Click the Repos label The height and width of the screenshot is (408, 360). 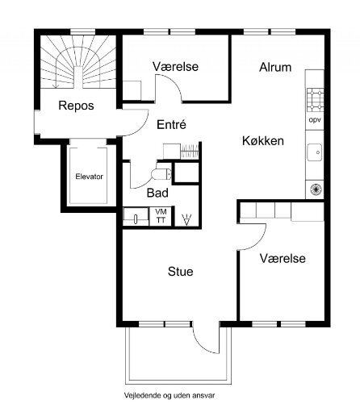click(x=76, y=106)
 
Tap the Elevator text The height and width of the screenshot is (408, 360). click(x=89, y=177)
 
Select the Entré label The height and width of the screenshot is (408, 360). click(x=171, y=124)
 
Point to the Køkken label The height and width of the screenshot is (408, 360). click(x=263, y=141)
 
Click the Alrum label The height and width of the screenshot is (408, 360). click(x=275, y=67)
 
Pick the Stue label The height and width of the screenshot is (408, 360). click(x=181, y=272)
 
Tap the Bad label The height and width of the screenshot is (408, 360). click(x=157, y=193)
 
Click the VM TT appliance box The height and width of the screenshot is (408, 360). click(x=161, y=216)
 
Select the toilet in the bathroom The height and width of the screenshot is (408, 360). click(x=161, y=174)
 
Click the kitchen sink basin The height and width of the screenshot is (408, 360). click(x=315, y=152)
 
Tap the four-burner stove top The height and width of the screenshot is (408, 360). click(x=315, y=100)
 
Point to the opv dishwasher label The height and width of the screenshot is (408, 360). click(x=315, y=120)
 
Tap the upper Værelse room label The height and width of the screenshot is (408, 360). click(x=175, y=66)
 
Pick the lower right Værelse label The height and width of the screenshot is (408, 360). click(x=283, y=258)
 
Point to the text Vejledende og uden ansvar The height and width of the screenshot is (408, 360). click(x=170, y=395)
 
